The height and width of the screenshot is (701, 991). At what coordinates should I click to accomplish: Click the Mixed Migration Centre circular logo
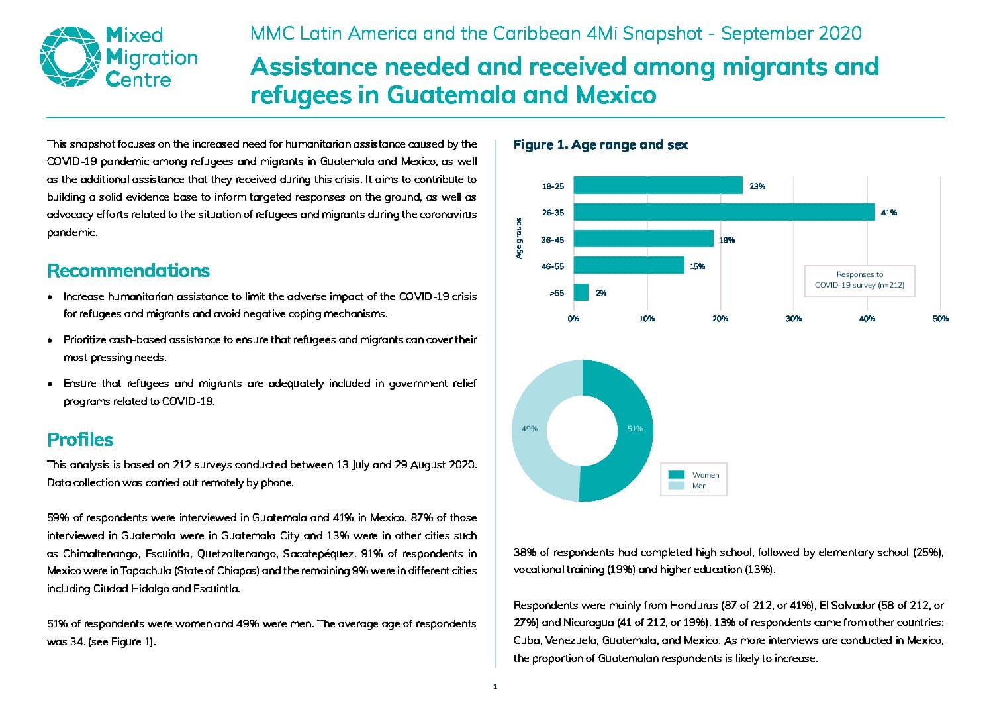tap(70, 57)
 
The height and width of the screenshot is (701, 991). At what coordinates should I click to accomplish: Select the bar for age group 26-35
tap(724, 212)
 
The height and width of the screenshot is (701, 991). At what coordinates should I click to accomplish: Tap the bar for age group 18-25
tap(658, 186)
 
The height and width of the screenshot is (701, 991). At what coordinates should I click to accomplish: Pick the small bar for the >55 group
tap(581, 292)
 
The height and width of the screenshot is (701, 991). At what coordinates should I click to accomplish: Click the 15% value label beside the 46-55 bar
tap(697, 266)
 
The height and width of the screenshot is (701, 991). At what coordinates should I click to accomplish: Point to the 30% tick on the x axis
tap(794, 319)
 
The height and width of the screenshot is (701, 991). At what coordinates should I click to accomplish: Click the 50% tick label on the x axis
tap(941, 319)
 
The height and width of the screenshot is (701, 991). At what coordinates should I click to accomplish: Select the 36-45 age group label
tap(553, 240)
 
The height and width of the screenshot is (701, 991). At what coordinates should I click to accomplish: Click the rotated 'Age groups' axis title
tap(518, 239)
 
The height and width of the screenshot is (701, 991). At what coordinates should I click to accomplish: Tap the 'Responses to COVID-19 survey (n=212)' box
tap(860, 281)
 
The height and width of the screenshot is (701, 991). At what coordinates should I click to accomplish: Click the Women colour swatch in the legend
tap(677, 474)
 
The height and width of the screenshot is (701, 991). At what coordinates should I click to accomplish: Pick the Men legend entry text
tap(700, 486)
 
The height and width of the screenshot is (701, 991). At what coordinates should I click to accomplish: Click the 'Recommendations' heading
tap(128, 270)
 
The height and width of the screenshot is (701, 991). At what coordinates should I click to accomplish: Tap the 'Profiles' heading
tap(80, 439)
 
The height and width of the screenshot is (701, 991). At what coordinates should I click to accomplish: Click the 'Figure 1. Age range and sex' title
tap(601, 145)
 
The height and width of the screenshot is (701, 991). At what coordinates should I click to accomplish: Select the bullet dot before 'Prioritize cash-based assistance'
tap(50, 340)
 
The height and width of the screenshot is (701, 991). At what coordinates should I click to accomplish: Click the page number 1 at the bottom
tap(495, 686)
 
